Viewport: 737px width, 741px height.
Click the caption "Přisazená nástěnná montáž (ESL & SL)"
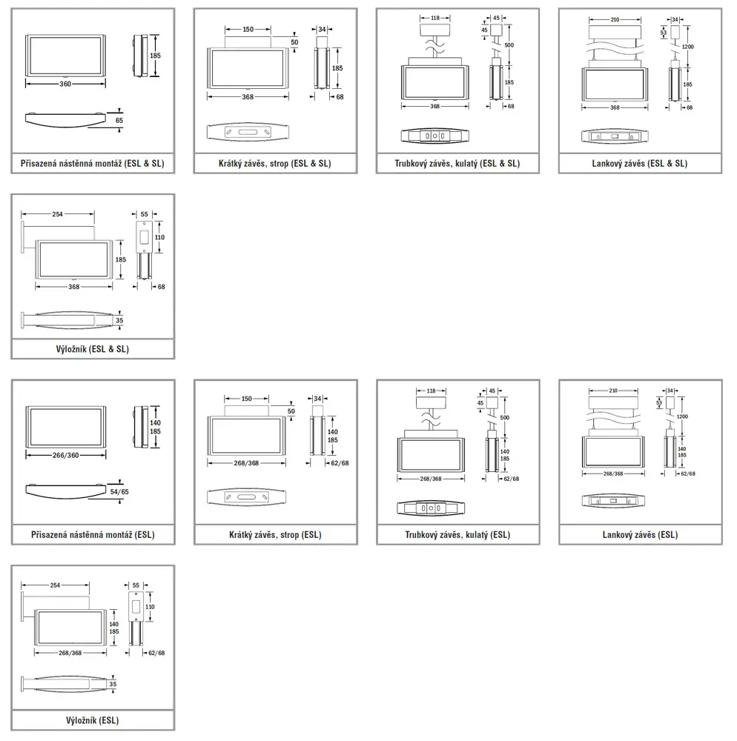click(92, 164)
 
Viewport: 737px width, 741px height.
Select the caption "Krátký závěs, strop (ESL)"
click(275, 535)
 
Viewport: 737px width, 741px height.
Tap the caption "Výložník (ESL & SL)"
click(92, 349)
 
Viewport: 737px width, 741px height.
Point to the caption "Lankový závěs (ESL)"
click(640, 535)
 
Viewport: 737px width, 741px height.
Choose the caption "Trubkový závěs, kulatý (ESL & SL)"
click(457, 164)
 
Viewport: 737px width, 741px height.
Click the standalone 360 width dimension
click(65, 84)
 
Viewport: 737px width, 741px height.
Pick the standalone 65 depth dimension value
click(119, 121)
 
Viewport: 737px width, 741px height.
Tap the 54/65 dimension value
click(119, 491)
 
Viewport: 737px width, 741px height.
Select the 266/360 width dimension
click(66, 455)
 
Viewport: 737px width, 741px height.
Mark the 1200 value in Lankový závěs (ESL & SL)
click(688, 47)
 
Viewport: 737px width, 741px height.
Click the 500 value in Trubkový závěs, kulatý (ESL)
click(505, 418)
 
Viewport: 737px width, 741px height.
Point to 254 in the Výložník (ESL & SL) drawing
click(57, 214)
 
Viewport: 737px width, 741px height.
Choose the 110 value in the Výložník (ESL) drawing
click(150, 607)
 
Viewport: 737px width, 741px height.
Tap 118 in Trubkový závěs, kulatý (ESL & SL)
click(435, 18)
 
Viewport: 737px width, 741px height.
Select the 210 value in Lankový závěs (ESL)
click(613, 391)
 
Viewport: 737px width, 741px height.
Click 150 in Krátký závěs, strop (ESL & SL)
click(248, 30)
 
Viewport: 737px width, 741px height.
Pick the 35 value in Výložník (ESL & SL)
click(119, 320)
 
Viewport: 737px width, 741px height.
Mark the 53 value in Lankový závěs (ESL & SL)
click(664, 33)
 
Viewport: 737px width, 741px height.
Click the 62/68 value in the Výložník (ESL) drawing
click(156, 653)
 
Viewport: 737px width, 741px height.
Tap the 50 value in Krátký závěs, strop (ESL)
click(291, 411)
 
